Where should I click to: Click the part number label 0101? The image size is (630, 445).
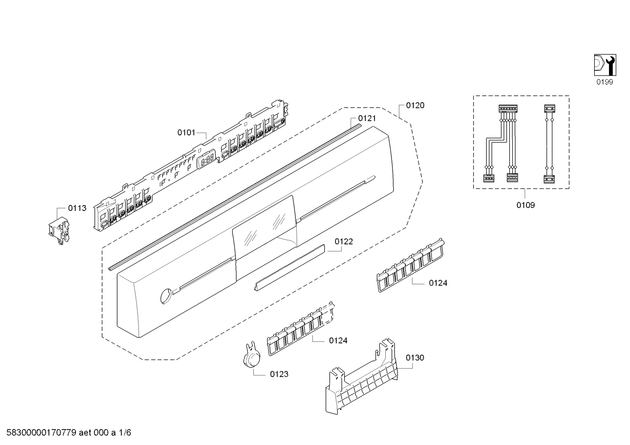(186, 132)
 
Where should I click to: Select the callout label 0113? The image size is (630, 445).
(77, 208)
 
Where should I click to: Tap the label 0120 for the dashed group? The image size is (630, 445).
(415, 105)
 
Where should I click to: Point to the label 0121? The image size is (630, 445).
(367, 118)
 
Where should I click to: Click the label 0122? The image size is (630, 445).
(344, 241)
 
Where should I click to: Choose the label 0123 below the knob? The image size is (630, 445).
(279, 374)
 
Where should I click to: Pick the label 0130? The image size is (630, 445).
(415, 358)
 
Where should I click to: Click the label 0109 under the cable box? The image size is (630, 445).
(525, 205)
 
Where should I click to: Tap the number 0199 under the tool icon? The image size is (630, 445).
(605, 82)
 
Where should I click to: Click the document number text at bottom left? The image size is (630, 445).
(66, 433)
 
